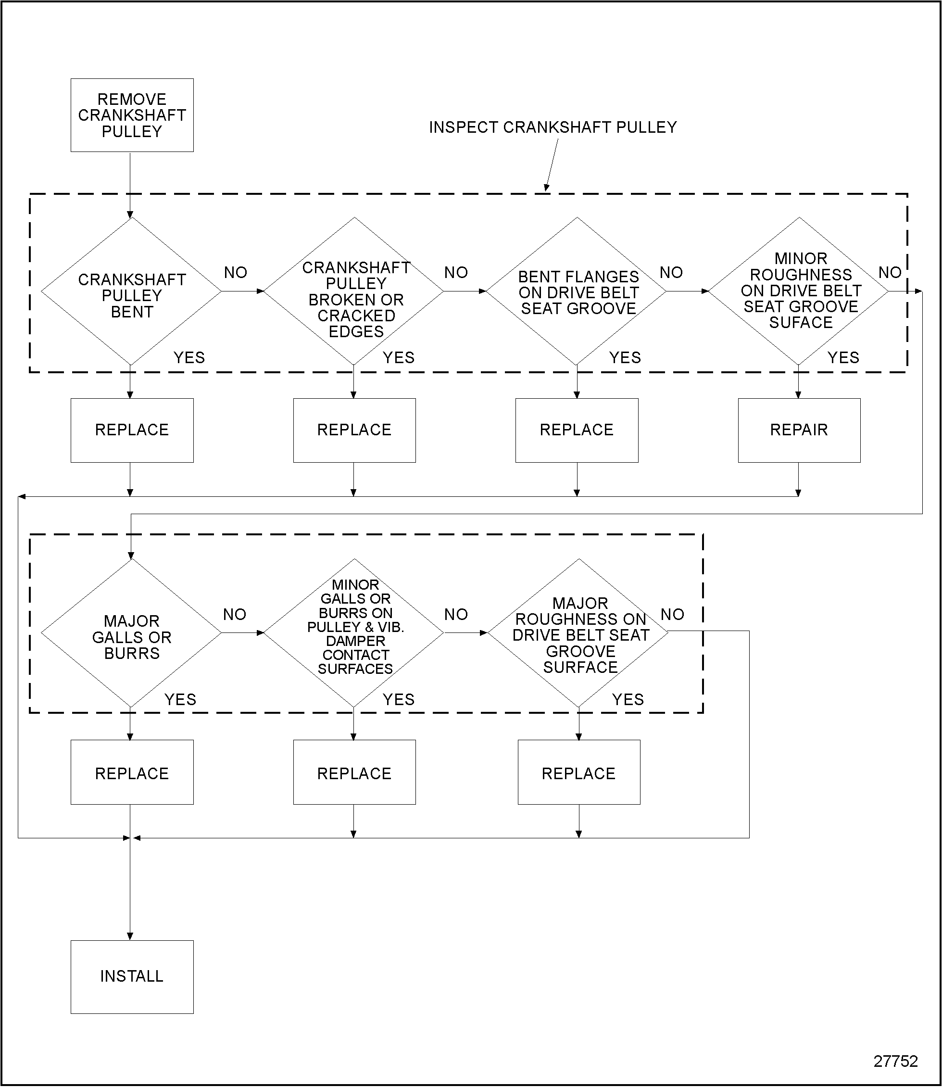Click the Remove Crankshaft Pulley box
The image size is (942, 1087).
click(x=132, y=115)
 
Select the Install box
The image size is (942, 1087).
click(x=132, y=976)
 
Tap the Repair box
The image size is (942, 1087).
click(x=799, y=430)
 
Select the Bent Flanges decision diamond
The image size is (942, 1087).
click(x=577, y=292)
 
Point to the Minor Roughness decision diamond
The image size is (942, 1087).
click(x=800, y=291)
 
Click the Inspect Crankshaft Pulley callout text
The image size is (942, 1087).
click(x=553, y=127)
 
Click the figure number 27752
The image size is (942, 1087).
click(x=895, y=1061)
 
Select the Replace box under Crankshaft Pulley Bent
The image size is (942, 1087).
click(x=132, y=430)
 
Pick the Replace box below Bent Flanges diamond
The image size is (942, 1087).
click(x=577, y=430)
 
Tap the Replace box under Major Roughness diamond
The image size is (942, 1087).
click(x=579, y=773)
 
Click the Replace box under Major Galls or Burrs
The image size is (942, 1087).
click(x=132, y=773)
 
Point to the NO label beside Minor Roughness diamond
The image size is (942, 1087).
click(x=890, y=272)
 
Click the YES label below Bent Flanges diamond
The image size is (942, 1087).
click(x=625, y=357)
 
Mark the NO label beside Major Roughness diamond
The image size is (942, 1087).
click(x=672, y=614)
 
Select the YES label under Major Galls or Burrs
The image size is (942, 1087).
click(x=180, y=699)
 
